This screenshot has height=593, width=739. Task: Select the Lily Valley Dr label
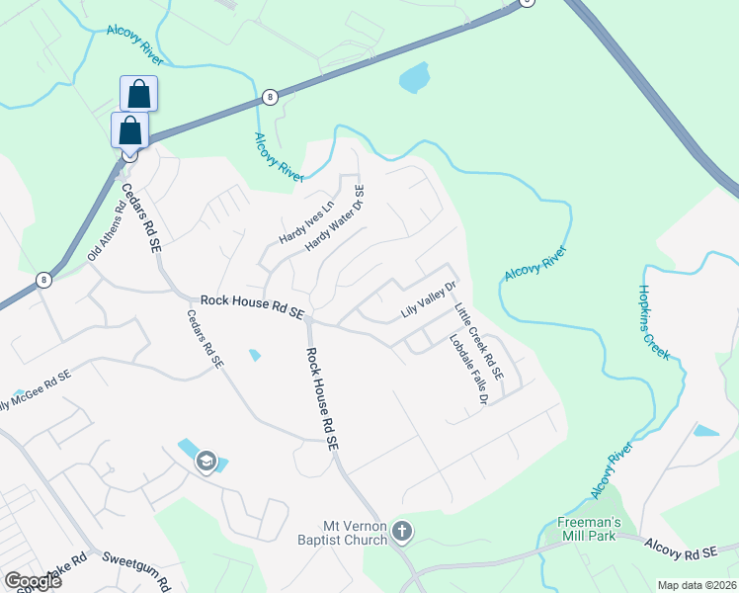(428, 300)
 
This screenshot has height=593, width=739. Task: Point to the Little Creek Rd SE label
(479, 342)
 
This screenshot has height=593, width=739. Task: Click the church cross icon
(402, 533)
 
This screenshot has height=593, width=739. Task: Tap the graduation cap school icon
(205, 460)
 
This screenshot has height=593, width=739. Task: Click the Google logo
(33, 580)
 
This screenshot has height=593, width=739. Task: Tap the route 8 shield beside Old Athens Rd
(43, 280)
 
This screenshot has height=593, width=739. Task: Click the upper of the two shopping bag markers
(139, 95)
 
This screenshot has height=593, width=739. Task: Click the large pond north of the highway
(414, 77)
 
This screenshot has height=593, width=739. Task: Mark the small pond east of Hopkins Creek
(706, 431)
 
